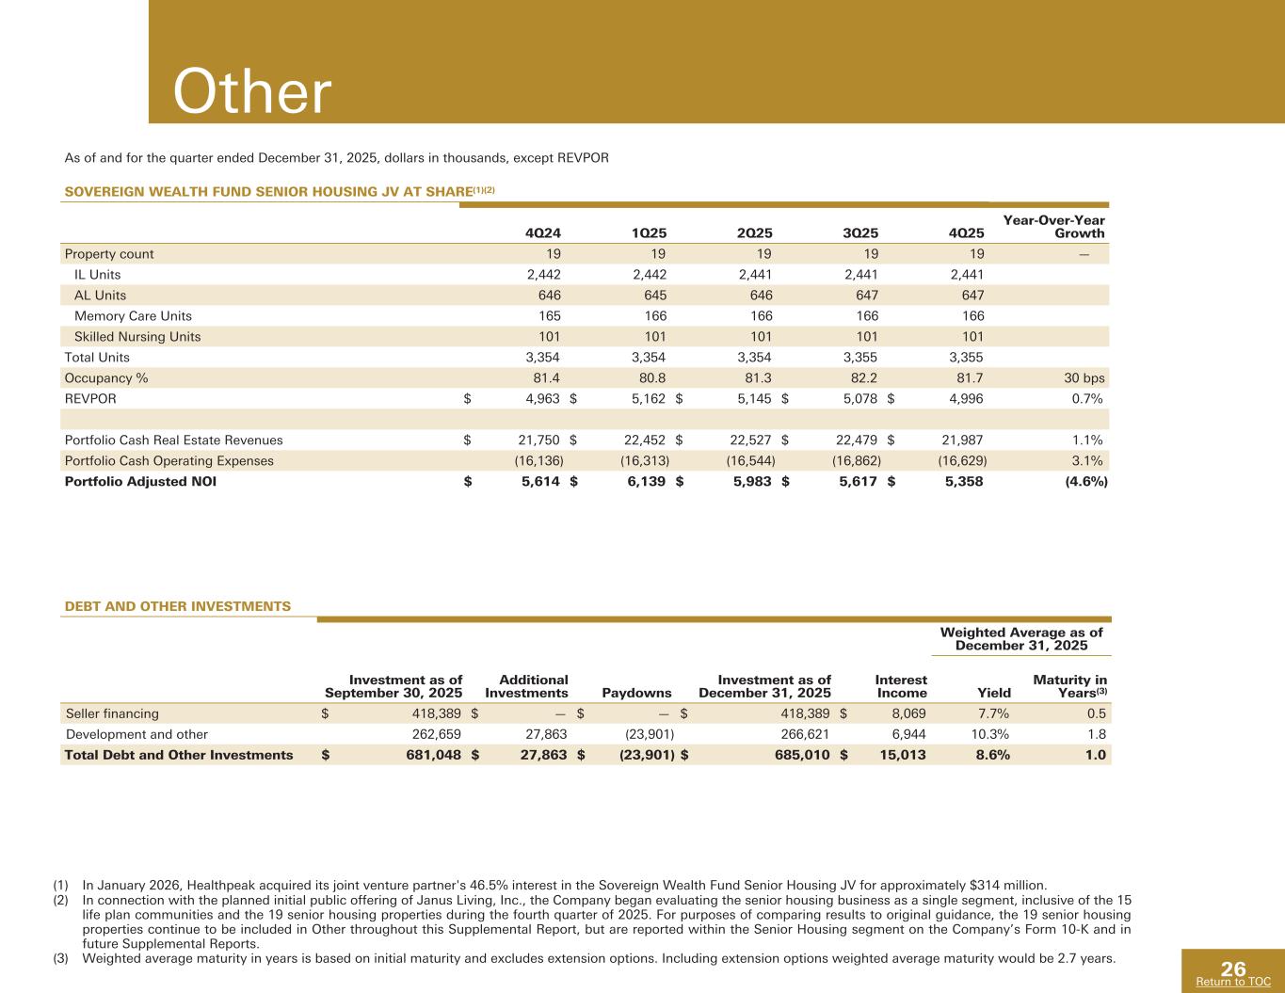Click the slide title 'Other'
(252, 93)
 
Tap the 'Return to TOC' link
(1232, 983)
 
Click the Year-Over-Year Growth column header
(1053, 227)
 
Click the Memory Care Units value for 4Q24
(545, 315)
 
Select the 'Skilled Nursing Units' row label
(137, 336)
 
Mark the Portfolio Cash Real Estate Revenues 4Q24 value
(539, 440)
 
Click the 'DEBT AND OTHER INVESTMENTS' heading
(177, 606)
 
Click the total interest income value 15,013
(901, 755)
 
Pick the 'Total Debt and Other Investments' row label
(178, 755)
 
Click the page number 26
(1233, 969)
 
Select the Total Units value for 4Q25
(965, 357)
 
